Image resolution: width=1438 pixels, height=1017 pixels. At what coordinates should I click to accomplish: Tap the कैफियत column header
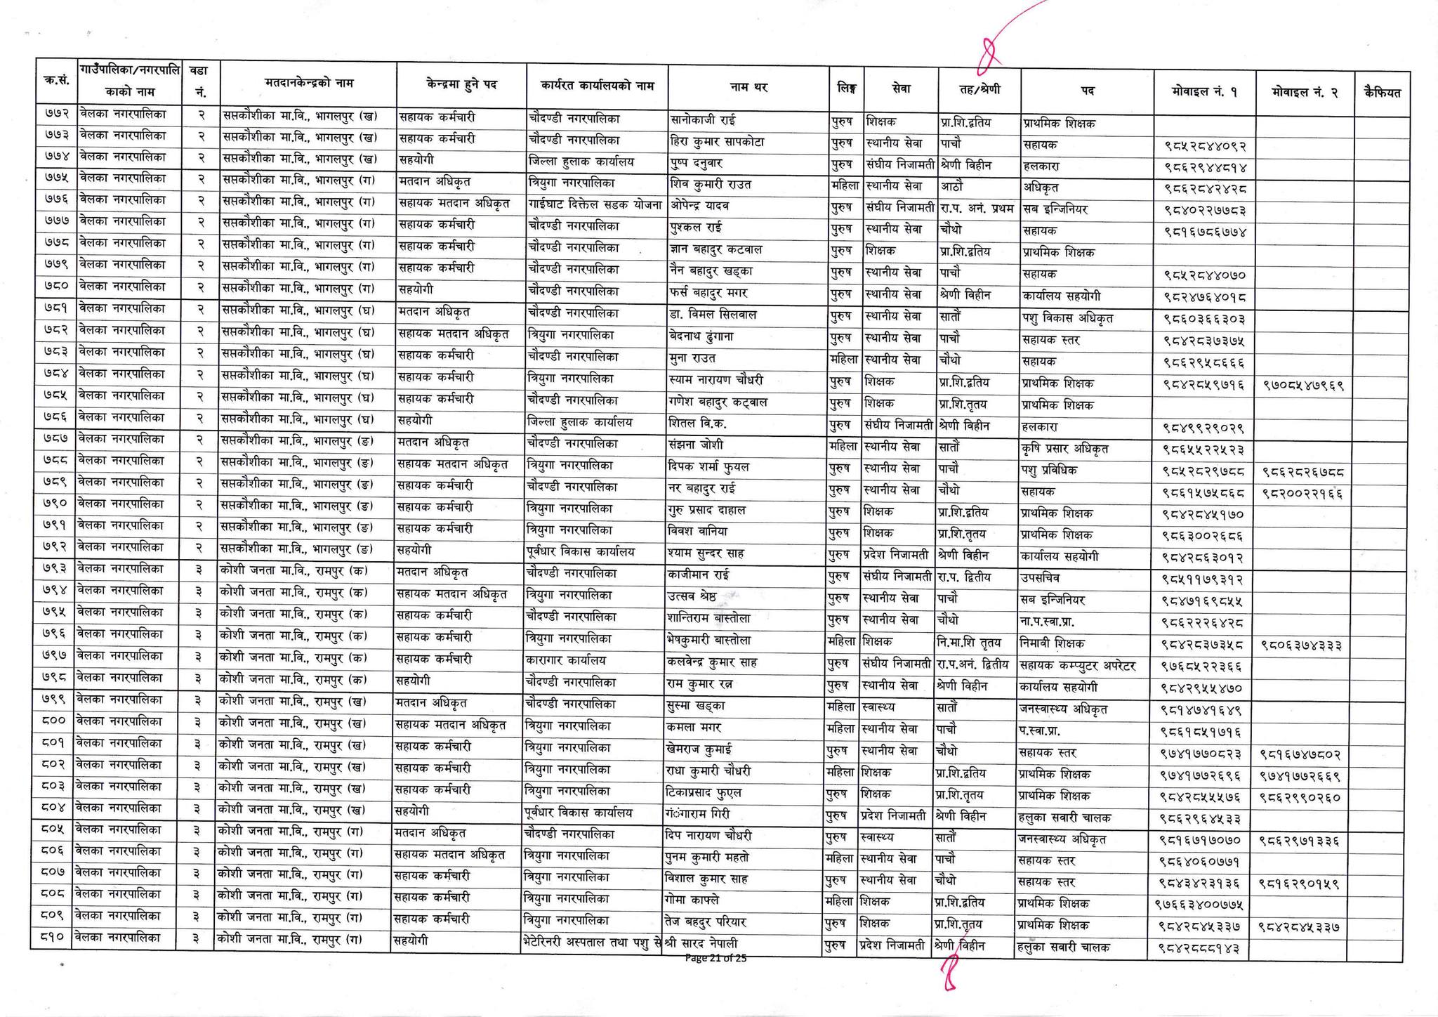pos(1382,91)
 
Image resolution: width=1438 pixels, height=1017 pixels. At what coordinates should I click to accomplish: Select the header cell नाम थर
pos(748,88)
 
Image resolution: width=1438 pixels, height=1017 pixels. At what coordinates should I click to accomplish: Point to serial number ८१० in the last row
pos(51,938)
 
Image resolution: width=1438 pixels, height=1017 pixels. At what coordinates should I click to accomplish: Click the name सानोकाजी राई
pos(704,120)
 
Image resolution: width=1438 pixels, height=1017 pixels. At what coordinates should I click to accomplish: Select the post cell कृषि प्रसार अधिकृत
pos(1067,448)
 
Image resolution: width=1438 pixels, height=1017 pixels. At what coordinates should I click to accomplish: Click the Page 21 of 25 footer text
pos(715,957)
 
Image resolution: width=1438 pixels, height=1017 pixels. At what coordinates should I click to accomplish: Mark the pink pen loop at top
pos(989,56)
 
